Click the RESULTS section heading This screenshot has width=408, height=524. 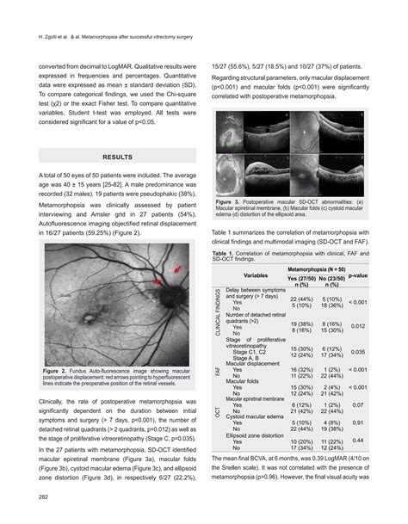[117, 157]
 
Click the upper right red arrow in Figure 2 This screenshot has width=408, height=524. [177, 269]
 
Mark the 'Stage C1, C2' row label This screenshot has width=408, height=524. [255, 351]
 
